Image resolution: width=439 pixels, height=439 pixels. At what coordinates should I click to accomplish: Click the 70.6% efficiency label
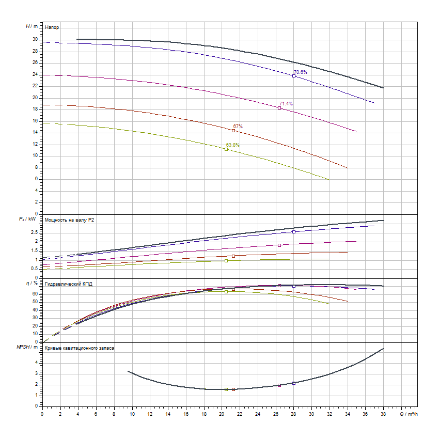[x=301, y=72]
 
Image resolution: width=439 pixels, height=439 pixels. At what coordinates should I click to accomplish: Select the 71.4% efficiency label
[x=286, y=104]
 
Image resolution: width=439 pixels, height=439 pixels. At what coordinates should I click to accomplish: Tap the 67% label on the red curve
[x=238, y=127]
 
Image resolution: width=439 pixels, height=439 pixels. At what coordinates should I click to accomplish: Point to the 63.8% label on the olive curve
[x=233, y=145]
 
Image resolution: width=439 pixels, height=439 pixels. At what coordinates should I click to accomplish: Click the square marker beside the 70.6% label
[x=294, y=76]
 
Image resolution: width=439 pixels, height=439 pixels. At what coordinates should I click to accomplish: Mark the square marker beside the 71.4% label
[x=279, y=108]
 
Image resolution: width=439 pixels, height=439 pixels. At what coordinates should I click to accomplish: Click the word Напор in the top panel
[x=52, y=26]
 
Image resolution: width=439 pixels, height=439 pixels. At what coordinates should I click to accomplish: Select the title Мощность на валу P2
[x=70, y=220]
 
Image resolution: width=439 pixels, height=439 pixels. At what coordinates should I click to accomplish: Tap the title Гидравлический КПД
[x=69, y=284]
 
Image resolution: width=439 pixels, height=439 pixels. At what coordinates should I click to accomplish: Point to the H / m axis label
[x=32, y=26]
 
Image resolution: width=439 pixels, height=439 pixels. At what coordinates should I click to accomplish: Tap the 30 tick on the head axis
[x=36, y=39]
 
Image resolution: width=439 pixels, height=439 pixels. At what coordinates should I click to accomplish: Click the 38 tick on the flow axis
[x=383, y=414]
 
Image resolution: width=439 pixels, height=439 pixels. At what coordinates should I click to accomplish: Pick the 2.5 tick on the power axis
[x=35, y=232]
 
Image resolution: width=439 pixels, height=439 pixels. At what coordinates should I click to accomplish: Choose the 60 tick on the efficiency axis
[x=36, y=294]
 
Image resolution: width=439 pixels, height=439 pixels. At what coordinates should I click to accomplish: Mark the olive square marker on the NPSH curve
[x=226, y=389]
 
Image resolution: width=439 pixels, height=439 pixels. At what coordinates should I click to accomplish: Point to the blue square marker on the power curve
[x=294, y=232]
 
